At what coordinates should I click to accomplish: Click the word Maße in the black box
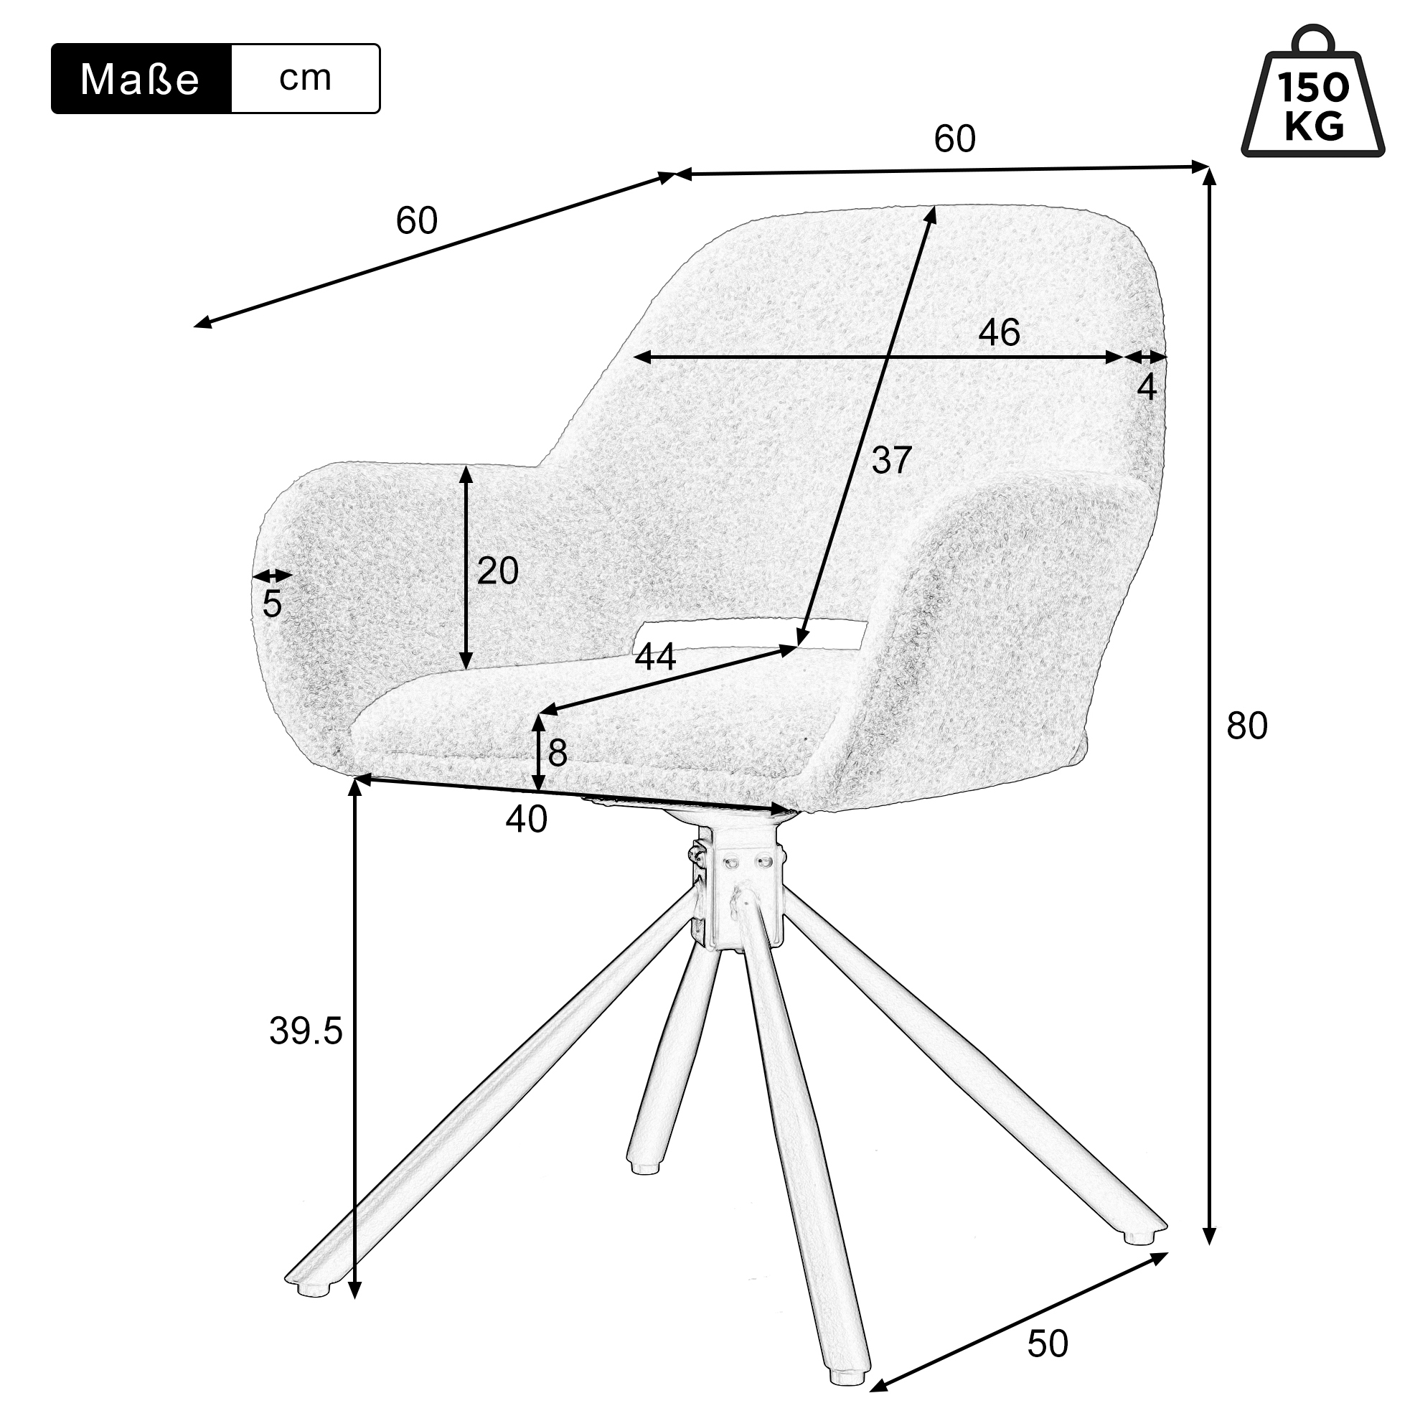(x=139, y=79)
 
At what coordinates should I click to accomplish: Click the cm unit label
(x=305, y=78)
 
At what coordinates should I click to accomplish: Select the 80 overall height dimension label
(x=1246, y=726)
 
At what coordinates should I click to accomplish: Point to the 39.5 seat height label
(x=306, y=1032)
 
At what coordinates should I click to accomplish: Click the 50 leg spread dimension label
(x=1047, y=1344)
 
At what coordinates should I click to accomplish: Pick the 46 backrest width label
(x=999, y=333)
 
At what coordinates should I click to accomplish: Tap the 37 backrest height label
(x=891, y=460)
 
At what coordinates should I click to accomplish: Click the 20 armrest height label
(x=497, y=571)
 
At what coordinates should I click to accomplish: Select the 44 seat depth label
(x=655, y=657)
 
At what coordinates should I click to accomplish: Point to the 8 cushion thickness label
(x=557, y=753)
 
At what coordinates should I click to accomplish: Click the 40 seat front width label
(x=526, y=820)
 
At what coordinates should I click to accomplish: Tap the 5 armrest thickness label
(x=272, y=604)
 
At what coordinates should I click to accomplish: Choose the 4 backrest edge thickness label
(x=1147, y=387)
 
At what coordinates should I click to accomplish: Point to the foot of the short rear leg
(x=644, y=1164)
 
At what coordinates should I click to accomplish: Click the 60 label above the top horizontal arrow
(x=955, y=139)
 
